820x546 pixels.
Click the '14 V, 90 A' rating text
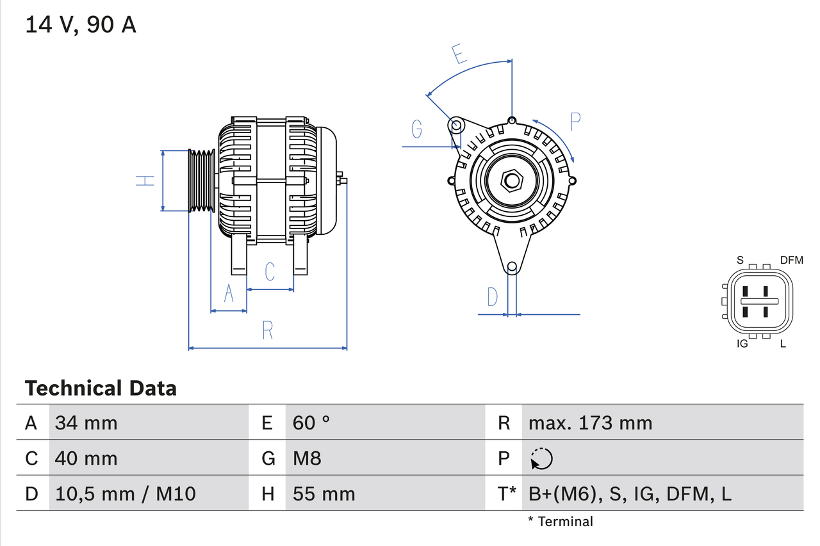[x=81, y=25]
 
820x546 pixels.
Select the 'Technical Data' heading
[x=101, y=388]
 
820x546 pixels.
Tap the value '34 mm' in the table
[x=86, y=422]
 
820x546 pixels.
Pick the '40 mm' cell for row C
[x=86, y=458]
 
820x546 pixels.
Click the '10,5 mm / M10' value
[x=125, y=494]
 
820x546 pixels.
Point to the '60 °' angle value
[x=311, y=422]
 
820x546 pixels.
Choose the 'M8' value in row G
[x=307, y=458]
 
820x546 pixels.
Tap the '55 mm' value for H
[x=324, y=494]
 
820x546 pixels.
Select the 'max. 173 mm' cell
[x=590, y=422]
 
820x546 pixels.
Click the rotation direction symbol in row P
[x=541, y=458]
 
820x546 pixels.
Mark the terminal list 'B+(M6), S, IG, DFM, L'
[x=630, y=494]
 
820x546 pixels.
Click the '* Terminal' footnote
[x=561, y=522]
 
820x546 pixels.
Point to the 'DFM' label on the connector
[x=791, y=260]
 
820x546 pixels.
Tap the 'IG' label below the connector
[x=742, y=344]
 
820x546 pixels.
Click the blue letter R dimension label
[x=268, y=330]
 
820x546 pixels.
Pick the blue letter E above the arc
[x=458, y=54]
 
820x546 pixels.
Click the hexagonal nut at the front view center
[x=511, y=181]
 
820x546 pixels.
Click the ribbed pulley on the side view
[x=202, y=181]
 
